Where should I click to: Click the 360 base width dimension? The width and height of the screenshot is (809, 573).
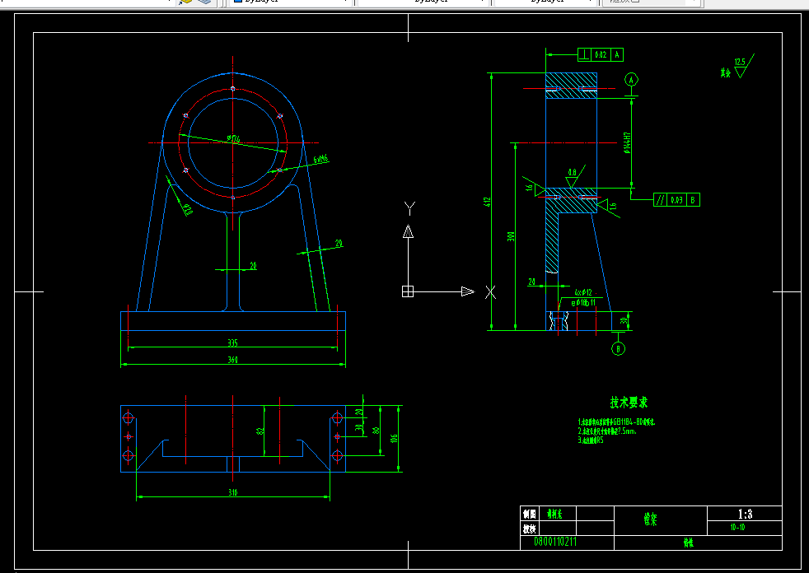[233, 360]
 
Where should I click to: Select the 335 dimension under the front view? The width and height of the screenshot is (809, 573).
[233, 342]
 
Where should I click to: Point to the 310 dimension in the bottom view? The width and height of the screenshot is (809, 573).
[233, 492]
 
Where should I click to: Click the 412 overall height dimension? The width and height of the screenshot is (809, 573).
[488, 201]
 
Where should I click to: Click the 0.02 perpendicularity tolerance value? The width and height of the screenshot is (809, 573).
[599, 55]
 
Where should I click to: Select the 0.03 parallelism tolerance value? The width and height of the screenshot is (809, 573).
[676, 200]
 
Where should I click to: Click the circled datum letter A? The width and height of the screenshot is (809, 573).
[632, 80]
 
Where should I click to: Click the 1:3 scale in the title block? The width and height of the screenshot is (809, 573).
[744, 515]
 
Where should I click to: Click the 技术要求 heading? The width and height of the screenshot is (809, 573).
[629, 403]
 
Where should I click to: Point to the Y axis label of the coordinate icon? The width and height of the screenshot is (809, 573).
[409, 206]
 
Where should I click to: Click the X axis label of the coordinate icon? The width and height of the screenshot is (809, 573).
[491, 291]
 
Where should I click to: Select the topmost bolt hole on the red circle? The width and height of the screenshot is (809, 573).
[233, 88]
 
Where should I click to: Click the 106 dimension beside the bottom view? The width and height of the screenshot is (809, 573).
[394, 437]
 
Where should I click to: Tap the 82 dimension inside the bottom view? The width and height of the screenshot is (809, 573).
[260, 431]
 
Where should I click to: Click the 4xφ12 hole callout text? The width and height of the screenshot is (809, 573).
[583, 292]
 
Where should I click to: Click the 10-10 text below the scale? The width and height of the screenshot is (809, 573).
[737, 528]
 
